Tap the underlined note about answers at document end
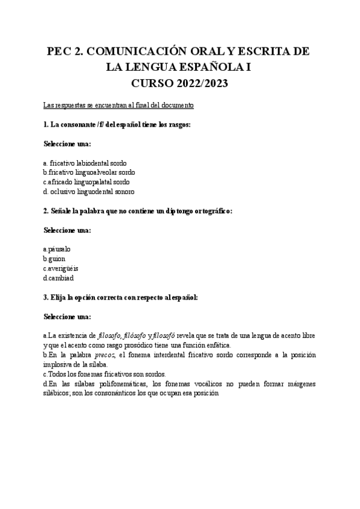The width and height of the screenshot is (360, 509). tap(119, 105)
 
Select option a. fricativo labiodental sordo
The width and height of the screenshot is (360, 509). tap(85, 163)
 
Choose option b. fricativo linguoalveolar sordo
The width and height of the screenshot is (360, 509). tap(89, 172)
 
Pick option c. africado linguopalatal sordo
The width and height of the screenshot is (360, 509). tap(86, 182)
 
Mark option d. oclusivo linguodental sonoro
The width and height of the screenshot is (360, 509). tap(89, 191)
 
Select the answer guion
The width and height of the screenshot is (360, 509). tap(55, 258)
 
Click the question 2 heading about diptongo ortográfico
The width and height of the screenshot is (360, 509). tap(137, 211)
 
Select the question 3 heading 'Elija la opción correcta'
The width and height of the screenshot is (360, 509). tap(121, 297)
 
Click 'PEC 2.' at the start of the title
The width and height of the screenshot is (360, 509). tap(65, 52)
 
